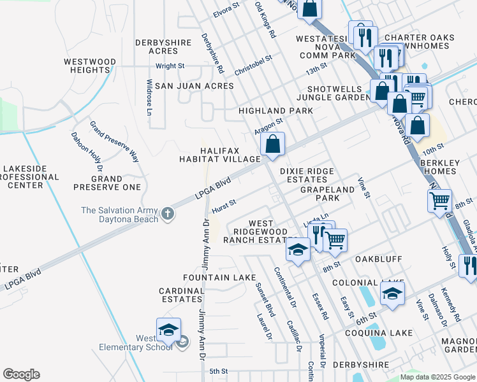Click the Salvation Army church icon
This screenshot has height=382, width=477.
tap(167, 213)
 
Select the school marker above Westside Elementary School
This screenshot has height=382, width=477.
tap(168, 330)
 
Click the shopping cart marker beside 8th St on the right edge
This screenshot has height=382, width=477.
tap(439, 201)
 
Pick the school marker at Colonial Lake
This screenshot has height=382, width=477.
tap(392, 294)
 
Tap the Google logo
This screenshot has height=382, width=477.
tap(21, 374)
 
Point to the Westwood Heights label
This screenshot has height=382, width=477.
tap(90, 66)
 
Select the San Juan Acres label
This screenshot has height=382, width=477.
tap(179, 85)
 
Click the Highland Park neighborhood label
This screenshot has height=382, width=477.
tap(275, 111)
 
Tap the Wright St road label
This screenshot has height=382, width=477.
tap(170, 66)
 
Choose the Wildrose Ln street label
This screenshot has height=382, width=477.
tap(149, 97)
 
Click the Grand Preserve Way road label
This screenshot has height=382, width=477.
tap(114, 141)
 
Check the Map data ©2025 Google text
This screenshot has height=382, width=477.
tap(437, 377)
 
